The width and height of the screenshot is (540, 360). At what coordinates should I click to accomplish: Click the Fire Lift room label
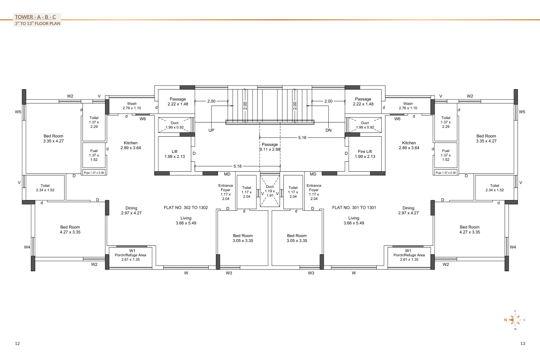[365, 154]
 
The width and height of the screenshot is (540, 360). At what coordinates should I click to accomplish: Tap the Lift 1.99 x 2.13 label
[175, 154]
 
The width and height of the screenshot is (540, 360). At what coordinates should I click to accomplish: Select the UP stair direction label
[211, 130]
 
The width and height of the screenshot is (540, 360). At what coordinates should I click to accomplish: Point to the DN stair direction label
[328, 130]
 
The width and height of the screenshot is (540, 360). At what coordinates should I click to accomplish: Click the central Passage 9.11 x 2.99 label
[270, 147]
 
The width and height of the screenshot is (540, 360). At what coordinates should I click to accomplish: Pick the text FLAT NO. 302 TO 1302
[186, 207]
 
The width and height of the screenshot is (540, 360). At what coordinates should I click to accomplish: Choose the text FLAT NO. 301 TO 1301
[354, 207]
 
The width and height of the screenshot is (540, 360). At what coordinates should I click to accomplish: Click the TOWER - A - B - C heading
[35, 17]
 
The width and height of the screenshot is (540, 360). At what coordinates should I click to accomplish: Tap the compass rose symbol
[515, 320]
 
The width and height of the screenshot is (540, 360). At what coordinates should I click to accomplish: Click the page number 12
[17, 343]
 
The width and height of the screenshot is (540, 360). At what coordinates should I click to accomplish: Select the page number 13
[522, 343]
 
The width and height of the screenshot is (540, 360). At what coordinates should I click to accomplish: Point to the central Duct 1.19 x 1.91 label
[270, 191]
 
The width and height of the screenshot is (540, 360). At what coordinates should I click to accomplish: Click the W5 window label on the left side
[18, 112]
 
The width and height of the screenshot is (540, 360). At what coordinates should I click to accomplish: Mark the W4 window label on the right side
[513, 247]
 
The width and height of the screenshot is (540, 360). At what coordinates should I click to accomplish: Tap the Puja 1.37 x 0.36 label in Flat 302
[94, 172]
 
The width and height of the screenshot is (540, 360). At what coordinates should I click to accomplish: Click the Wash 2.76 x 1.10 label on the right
[408, 105]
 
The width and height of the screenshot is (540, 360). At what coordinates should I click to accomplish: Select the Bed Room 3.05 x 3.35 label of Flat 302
[243, 238]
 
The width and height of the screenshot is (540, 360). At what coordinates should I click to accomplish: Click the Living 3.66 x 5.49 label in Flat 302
[186, 220]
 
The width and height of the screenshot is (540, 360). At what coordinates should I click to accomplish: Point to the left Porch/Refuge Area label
[130, 255]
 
